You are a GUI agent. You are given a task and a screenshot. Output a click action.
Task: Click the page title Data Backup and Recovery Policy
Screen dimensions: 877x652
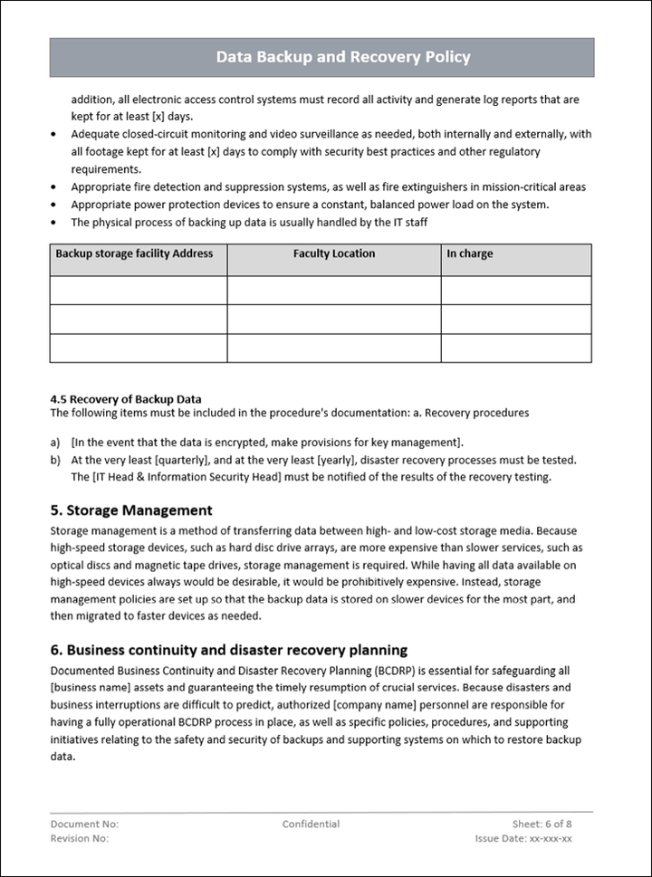[x=343, y=57]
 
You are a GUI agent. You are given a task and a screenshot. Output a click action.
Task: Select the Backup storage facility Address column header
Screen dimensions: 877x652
[x=134, y=254]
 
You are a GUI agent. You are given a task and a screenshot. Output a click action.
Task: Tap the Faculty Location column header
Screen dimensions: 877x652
[x=334, y=254]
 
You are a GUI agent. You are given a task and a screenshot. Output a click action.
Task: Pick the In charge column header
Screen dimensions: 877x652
[x=470, y=254]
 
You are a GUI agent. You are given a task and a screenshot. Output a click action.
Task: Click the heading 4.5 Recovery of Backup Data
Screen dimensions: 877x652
[x=126, y=399]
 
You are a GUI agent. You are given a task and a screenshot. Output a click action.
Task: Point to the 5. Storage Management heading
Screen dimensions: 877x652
[x=131, y=510]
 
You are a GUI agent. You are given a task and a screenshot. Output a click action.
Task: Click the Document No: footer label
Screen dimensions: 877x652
[x=84, y=825]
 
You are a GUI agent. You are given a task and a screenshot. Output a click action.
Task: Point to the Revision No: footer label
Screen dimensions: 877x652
[x=80, y=839]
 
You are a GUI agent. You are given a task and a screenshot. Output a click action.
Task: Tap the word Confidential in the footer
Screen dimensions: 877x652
[x=311, y=825]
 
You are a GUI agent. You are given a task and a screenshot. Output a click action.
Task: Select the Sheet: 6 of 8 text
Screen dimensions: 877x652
[x=542, y=825]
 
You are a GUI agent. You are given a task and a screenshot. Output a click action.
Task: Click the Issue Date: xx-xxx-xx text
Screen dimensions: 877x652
[x=523, y=839]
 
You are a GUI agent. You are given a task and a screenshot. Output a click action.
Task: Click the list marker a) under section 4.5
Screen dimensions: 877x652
[x=56, y=443]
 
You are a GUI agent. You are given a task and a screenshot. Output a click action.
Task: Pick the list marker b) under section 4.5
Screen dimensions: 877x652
[x=56, y=460]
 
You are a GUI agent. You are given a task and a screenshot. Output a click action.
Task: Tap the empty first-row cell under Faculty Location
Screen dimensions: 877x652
[x=334, y=291]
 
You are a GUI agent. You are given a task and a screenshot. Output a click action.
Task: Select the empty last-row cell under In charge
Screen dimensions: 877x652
[x=516, y=348]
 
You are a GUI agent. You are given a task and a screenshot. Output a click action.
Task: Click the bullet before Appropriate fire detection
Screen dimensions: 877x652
[x=56, y=187]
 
